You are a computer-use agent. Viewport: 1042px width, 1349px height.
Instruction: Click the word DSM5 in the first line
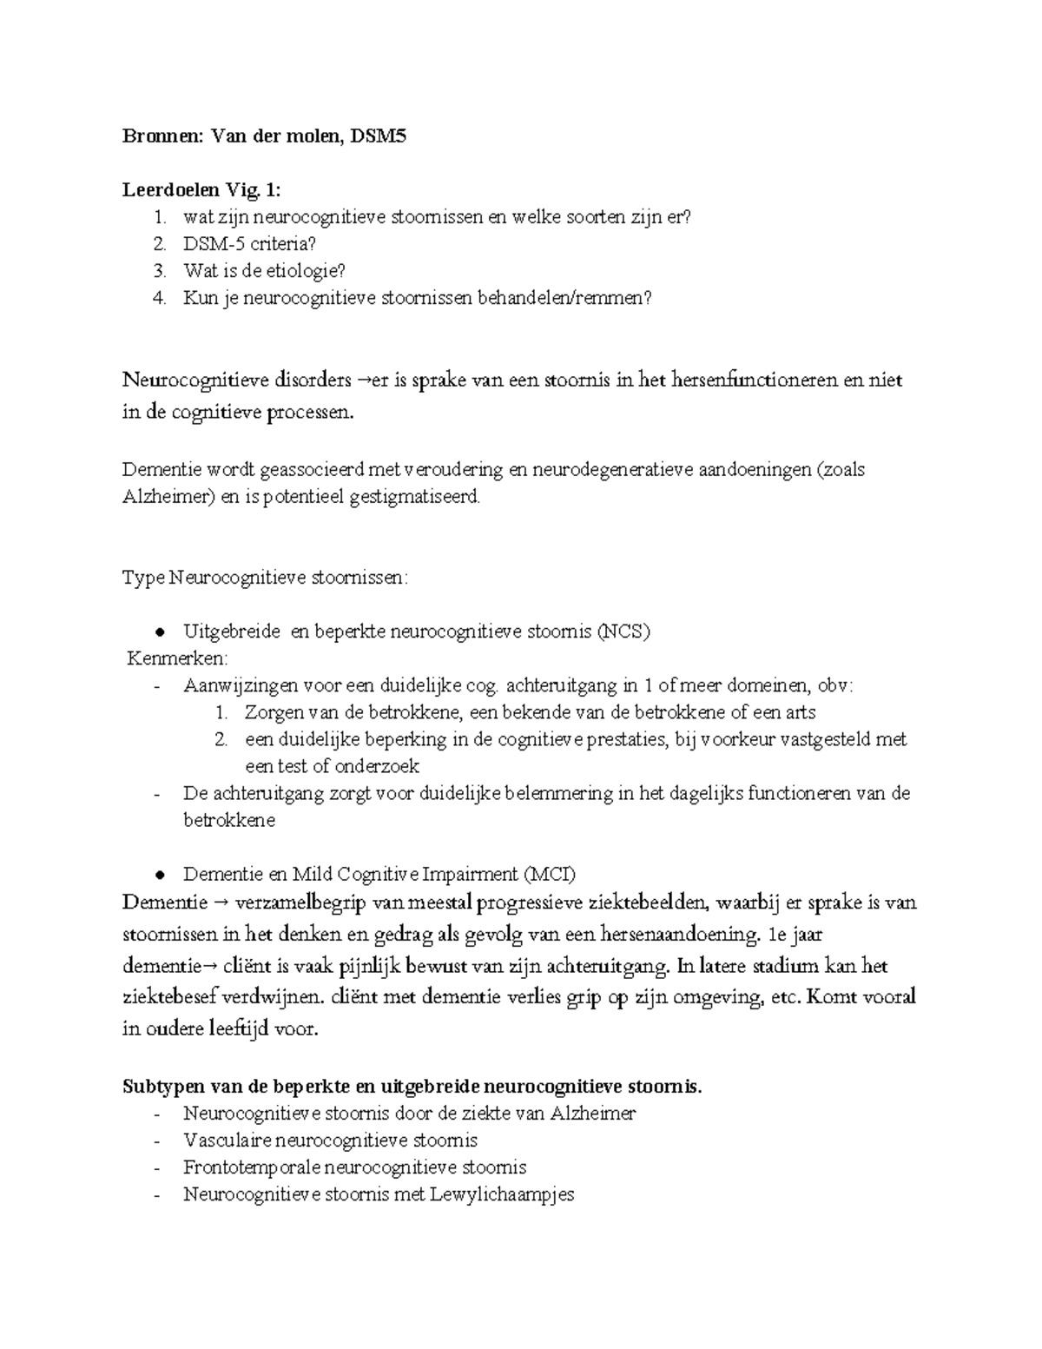(x=377, y=136)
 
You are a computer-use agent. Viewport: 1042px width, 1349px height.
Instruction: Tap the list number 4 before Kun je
(x=158, y=298)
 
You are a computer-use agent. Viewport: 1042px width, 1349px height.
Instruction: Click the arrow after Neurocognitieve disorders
(x=362, y=380)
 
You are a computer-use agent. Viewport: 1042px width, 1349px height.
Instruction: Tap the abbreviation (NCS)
(x=623, y=632)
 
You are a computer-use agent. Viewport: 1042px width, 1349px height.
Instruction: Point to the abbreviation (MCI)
(x=549, y=874)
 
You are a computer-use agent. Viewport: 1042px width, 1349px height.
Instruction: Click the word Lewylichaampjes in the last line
(x=508, y=1194)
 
